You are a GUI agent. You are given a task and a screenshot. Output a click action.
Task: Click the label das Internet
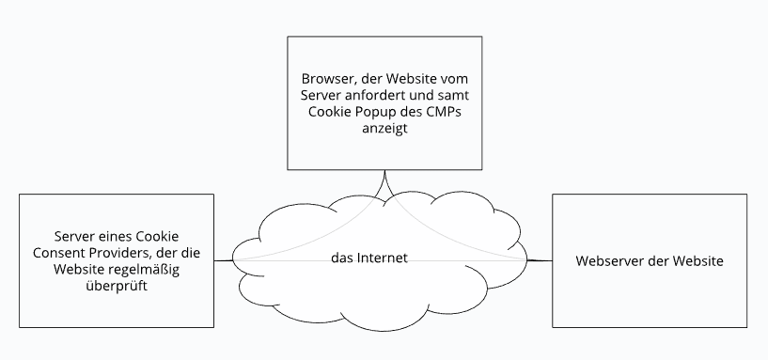[369, 258]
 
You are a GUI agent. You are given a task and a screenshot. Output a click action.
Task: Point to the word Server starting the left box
[75, 236]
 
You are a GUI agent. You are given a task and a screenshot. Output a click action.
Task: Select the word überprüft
[118, 287]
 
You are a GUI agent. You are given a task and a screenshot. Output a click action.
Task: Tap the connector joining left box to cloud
[224, 260]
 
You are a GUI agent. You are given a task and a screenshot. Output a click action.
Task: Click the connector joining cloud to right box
[539, 260]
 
